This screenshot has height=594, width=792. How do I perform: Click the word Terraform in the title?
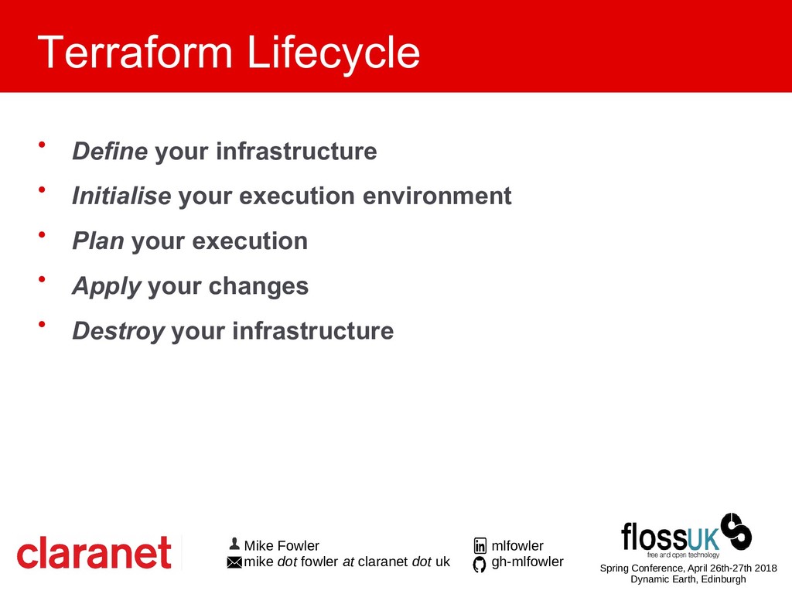tap(135, 52)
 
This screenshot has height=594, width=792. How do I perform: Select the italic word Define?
tap(110, 151)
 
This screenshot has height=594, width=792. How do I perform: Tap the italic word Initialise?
tap(121, 196)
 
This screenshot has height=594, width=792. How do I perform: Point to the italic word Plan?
tap(98, 241)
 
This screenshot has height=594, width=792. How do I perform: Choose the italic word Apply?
tap(107, 287)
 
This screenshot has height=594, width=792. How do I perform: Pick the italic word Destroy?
tap(118, 332)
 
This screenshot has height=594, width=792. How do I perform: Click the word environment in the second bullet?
tap(438, 196)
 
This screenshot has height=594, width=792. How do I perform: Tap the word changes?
tap(258, 287)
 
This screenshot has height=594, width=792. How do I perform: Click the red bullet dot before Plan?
tap(42, 234)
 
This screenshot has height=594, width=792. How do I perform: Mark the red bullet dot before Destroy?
tap(42, 324)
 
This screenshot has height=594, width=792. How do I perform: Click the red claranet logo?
tap(94, 552)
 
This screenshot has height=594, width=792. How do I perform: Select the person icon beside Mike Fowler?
tap(234, 544)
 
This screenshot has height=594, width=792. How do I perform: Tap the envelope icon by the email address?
tap(234, 562)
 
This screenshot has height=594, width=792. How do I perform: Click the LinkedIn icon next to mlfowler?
tap(480, 545)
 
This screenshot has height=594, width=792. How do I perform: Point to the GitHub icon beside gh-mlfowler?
tap(480, 564)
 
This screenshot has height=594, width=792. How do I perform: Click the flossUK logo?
tap(686, 535)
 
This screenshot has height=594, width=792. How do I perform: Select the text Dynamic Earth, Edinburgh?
tap(688, 579)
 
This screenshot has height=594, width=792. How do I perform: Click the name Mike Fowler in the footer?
tap(282, 545)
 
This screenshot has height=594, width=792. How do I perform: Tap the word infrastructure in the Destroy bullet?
tap(312, 331)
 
